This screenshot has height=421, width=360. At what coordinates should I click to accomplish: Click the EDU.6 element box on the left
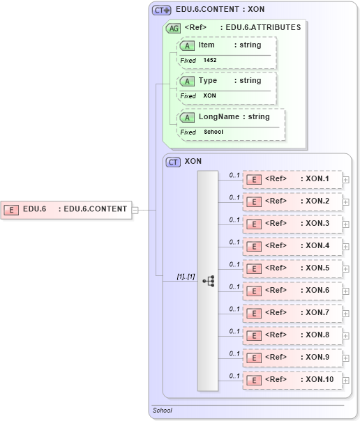(x=66, y=209)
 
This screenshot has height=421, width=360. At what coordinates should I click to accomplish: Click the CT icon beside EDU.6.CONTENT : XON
(x=161, y=10)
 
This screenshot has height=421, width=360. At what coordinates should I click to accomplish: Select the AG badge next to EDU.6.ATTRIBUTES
(x=172, y=29)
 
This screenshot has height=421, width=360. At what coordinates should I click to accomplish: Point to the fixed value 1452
(x=210, y=61)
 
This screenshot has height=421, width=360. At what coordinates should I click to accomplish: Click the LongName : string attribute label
(x=234, y=117)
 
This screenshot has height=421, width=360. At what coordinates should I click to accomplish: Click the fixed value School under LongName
(x=213, y=132)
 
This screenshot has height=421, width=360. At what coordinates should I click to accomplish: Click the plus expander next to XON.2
(x=346, y=202)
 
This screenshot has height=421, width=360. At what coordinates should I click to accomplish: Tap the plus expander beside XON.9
(x=346, y=358)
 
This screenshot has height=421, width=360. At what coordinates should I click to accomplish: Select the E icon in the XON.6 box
(x=255, y=291)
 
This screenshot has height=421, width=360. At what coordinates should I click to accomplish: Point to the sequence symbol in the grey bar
(x=208, y=280)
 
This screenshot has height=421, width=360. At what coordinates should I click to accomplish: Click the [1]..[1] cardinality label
(x=185, y=277)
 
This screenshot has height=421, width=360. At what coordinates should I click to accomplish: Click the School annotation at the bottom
(x=163, y=411)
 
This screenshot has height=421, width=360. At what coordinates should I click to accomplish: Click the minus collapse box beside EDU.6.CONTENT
(x=135, y=209)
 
